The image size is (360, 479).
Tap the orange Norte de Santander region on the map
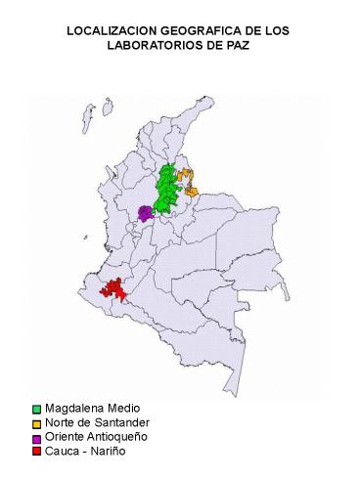(189, 182)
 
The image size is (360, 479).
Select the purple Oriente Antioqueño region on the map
(145, 212)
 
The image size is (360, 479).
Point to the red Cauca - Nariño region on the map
(114, 288)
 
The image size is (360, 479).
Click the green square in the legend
(36, 409)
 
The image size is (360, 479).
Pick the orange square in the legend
(36, 423)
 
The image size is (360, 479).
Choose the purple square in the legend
(36, 437)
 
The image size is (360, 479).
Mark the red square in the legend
(36, 451)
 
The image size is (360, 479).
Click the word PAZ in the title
(238, 46)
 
